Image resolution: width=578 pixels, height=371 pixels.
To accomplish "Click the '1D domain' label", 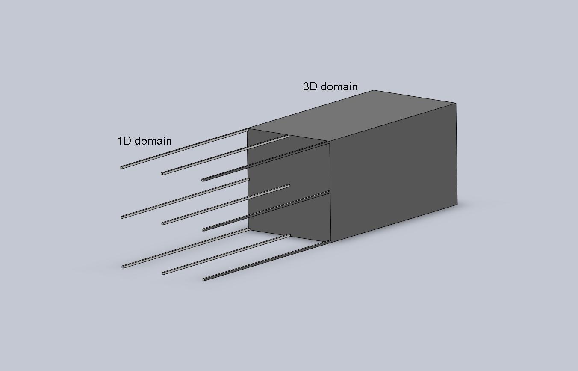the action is click(x=144, y=141).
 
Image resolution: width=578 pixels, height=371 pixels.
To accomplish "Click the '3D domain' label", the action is click(x=330, y=86).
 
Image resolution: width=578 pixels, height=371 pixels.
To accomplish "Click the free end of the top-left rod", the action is click(x=122, y=168).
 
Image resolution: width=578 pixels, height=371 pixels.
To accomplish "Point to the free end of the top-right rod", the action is click(x=203, y=180).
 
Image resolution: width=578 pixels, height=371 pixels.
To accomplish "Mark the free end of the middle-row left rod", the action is click(x=122, y=217).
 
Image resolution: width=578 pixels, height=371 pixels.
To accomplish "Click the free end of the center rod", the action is click(x=163, y=223).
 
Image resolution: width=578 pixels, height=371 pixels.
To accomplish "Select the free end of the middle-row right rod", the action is click(x=203, y=230).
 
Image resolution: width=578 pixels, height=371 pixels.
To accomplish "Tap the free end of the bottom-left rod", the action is click(x=123, y=267).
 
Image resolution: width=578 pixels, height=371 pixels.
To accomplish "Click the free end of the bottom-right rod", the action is click(x=204, y=279).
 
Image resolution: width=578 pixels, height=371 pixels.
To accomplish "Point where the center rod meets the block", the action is click(x=289, y=186).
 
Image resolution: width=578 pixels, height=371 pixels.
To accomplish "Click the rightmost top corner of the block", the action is click(x=456, y=103).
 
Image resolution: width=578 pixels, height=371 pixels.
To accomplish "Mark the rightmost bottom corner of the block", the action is click(x=457, y=205).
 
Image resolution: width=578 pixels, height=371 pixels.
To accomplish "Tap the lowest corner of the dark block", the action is click(x=331, y=242).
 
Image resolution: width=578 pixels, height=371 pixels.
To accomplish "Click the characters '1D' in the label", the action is click(x=124, y=141).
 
